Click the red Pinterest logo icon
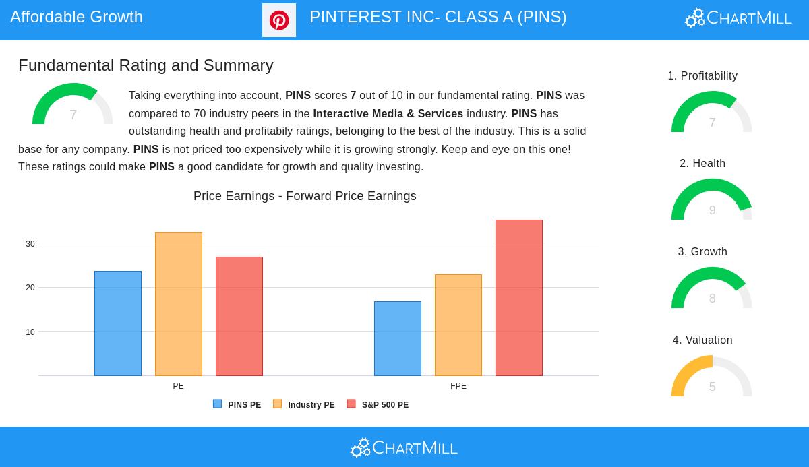(279, 20)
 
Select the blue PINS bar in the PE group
(118, 323)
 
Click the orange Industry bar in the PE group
(179, 304)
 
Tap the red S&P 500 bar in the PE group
(239, 316)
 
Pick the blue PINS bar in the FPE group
(398, 338)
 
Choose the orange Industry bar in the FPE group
(458, 325)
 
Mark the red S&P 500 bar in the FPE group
(519, 298)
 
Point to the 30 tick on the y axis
(30, 243)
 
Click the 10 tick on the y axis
(30, 332)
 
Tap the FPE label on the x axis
(458, 386)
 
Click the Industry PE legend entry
(304, 404)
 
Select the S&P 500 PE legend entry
(378, 404)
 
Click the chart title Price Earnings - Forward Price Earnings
(305, 196)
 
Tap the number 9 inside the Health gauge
(712, 210)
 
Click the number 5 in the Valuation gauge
(712, 387)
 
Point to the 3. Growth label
(702, 251)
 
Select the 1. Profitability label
(702, 75)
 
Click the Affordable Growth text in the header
(77, 17)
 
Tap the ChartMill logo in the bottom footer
(404, 447)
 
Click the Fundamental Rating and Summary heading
(146, 65)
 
